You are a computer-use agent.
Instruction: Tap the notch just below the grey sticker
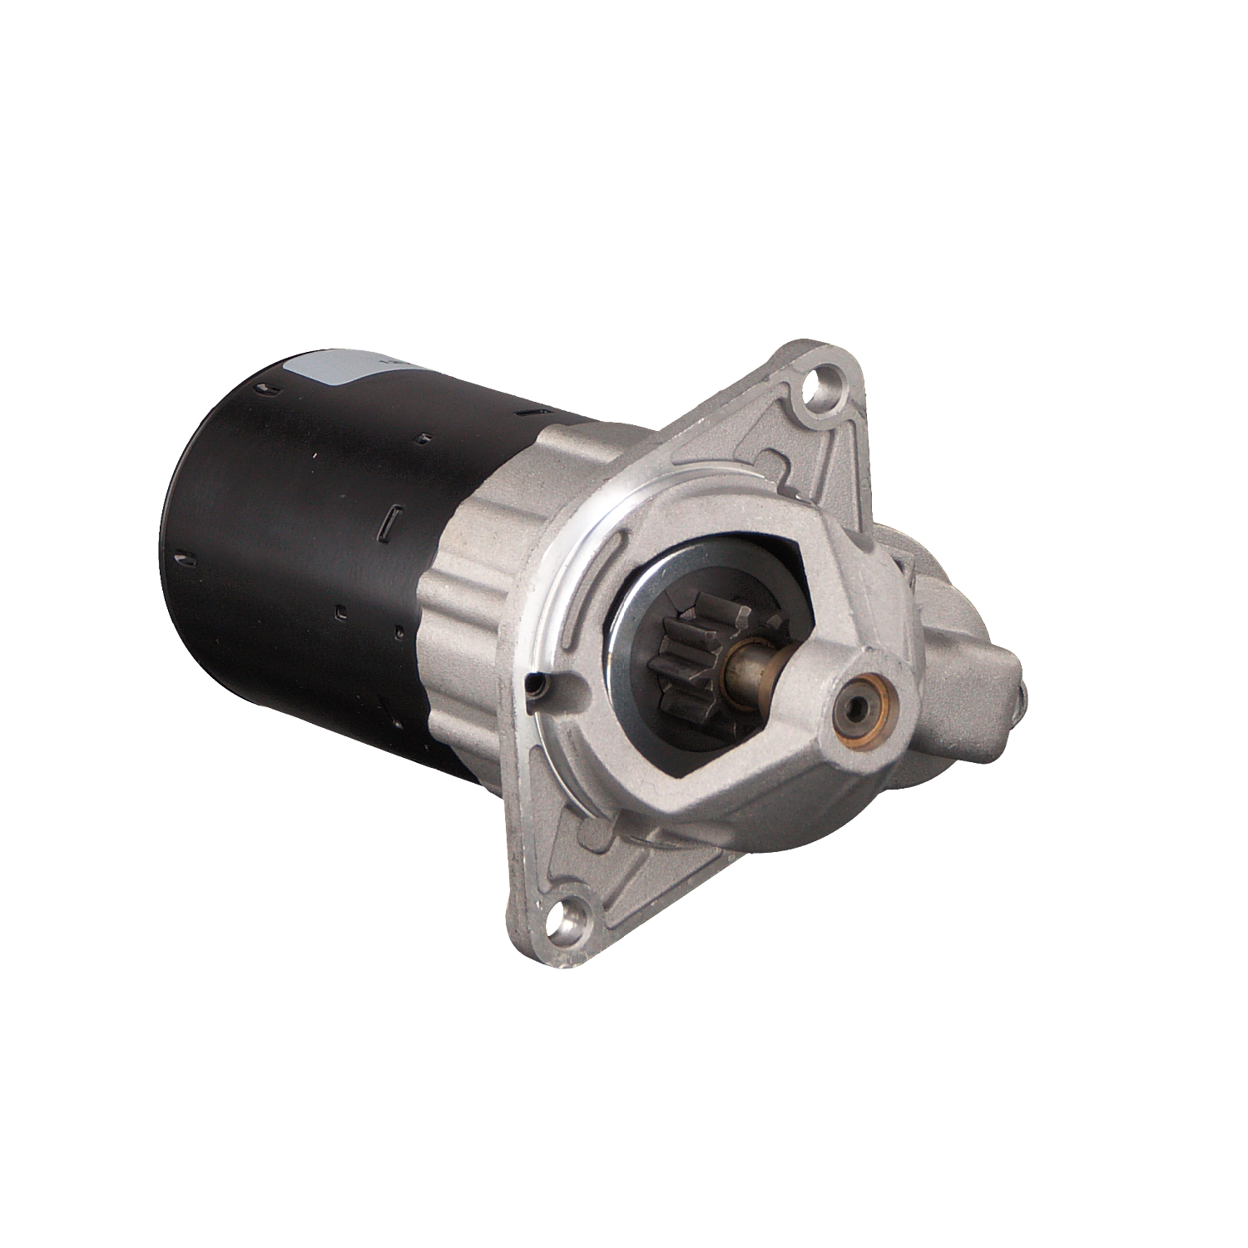(x=265, y=389)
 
